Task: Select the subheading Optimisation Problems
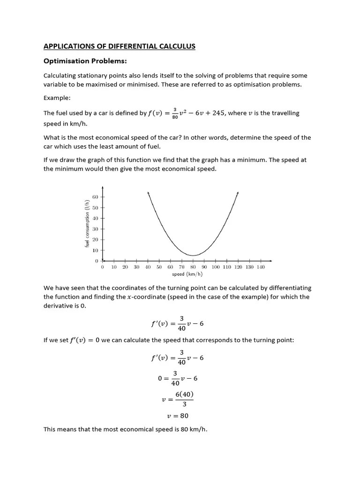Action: (x=85, y=61)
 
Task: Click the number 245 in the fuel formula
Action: (x=217, y=113)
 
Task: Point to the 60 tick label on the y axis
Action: (x=95, y=197)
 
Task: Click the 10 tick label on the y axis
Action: (x=95, y=250)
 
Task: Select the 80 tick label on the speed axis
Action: (x=193, y=267)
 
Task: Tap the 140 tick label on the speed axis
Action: (x=261, y=267)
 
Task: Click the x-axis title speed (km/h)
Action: (x=187, y=274)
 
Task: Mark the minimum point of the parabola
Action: (x=193, y=255)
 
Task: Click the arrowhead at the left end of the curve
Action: (x=148, y=193)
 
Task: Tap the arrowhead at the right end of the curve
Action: (x=238, y=193)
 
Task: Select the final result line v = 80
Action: (x=178, y=415)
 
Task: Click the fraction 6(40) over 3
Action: (x=184, y=399)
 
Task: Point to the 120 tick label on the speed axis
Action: (x=238, y=267)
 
